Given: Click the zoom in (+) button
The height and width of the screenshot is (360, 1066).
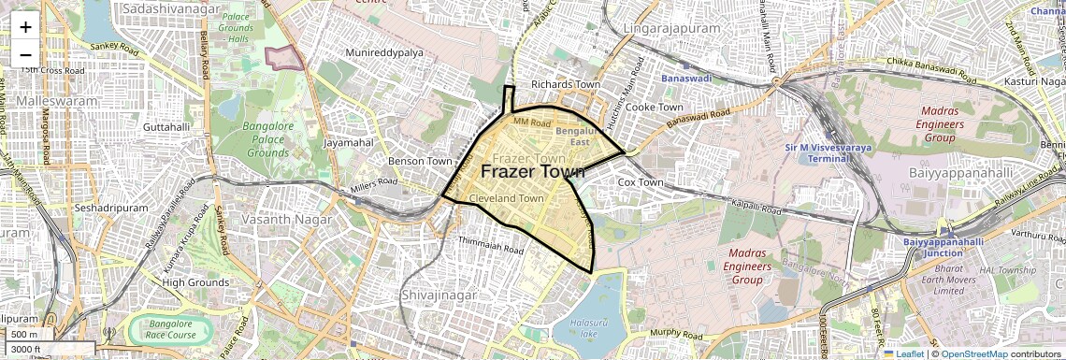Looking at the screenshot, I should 25,27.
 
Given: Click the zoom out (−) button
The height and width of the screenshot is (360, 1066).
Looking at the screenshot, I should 25,55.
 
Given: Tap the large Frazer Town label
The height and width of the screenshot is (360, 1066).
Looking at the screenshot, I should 532,172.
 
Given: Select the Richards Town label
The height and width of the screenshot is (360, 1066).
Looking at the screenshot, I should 565,84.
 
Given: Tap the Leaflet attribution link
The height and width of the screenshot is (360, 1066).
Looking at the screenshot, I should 902,353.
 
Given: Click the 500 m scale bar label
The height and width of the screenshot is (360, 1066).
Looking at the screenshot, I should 25,334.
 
